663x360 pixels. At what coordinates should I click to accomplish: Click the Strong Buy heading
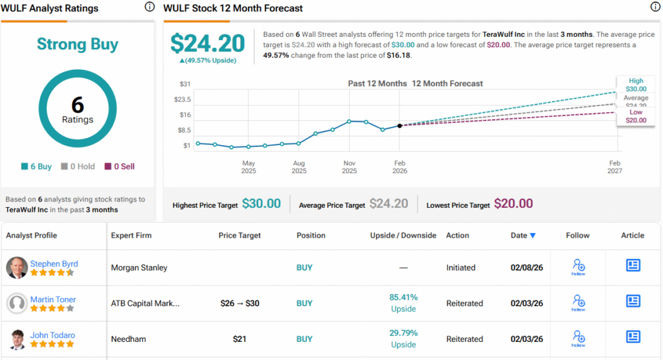(78, 44)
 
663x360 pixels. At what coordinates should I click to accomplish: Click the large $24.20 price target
(207, 43)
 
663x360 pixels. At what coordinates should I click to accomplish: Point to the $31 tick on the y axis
(185, 84)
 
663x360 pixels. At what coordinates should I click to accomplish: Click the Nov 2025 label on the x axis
(349, 167)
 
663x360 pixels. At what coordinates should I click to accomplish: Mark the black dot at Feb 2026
(400, 126)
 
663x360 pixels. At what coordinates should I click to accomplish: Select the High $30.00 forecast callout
(636, 85)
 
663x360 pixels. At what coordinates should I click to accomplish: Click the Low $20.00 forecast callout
(636, 116)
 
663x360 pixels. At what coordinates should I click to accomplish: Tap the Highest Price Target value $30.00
(261, 204)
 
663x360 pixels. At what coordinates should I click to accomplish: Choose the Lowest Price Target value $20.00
(513, 204)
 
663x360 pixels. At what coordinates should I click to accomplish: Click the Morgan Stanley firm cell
(139, 267)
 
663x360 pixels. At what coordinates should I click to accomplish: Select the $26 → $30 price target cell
(240, 303)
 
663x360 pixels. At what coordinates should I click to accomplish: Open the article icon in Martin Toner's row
(633, 301)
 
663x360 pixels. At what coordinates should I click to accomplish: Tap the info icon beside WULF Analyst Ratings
(150, 7)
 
